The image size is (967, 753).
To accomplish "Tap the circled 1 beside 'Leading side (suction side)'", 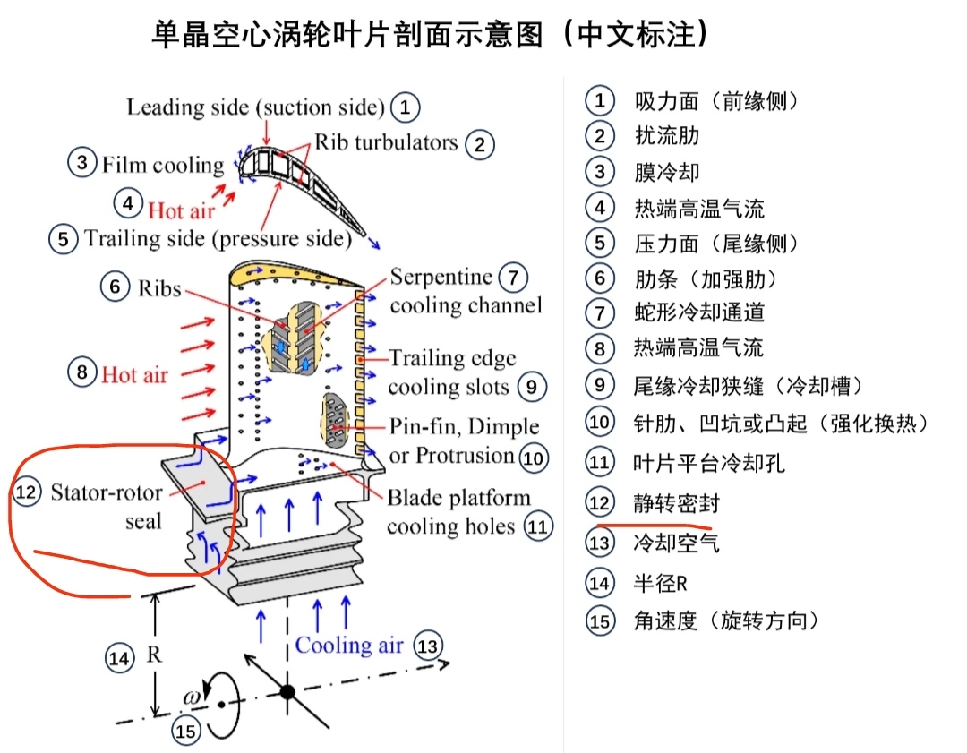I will click(406, 107).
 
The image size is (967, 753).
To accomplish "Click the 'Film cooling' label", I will click(162, 165).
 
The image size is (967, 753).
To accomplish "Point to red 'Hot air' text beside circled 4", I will click(181, 210).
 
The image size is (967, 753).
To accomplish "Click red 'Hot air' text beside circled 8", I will click(134, 374).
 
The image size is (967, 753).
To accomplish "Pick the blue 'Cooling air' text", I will click(349, 645).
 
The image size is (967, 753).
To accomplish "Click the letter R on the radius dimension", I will click(154, 655).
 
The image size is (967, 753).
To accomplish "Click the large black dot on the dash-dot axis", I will click(287, 691).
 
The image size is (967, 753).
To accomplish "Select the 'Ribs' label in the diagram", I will click(159, 289).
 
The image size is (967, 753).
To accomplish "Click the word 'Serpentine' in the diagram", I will click(441, 277).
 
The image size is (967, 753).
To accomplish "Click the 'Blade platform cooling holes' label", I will click(458, 511).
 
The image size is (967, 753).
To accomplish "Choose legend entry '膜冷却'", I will click(667, 171).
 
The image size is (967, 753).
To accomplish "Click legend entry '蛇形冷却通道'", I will click(699, 312).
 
